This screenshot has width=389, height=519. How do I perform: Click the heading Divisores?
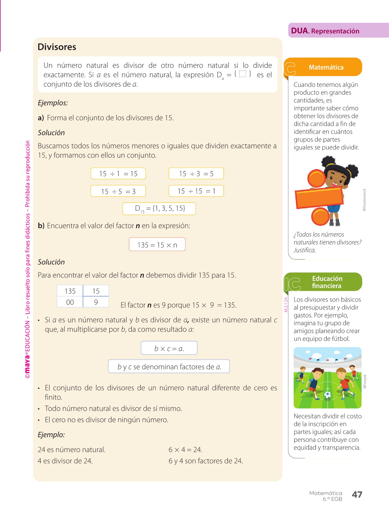pos(57,47)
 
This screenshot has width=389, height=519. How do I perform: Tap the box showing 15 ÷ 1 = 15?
pos(118,174)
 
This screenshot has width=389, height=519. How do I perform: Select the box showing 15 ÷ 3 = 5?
pos(196,174)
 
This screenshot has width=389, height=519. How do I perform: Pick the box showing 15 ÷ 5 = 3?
pos(118,191)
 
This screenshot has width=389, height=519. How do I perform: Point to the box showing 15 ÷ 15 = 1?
pos(196,191)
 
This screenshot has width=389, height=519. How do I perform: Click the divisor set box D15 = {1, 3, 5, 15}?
pos(159,209)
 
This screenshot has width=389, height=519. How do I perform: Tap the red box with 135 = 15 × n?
pos(157,245)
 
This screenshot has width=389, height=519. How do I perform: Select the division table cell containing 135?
pos(70,291)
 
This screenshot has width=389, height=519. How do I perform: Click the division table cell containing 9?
pos(96,302)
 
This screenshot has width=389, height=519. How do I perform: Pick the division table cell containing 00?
pos(70,302)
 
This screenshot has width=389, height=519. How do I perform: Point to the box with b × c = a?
pos(169,348)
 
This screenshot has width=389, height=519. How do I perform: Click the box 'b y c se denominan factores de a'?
pos(169,366)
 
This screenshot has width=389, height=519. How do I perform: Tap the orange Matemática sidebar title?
pos(326,67)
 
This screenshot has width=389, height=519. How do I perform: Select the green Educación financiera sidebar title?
pos(327,282)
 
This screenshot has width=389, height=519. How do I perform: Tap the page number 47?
pos(357,494)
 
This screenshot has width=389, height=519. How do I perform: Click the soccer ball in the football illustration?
pos(327,395)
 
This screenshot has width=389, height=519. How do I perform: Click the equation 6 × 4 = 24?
pos(185,450)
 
